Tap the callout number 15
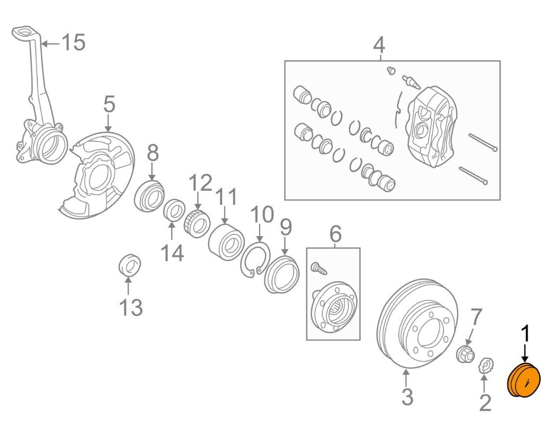(x=73, y=42)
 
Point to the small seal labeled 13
(x=128, y=265)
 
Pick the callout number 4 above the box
(x=378, y=46)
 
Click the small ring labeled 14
(x=173, y=210)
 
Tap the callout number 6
(x=336, y=232)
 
